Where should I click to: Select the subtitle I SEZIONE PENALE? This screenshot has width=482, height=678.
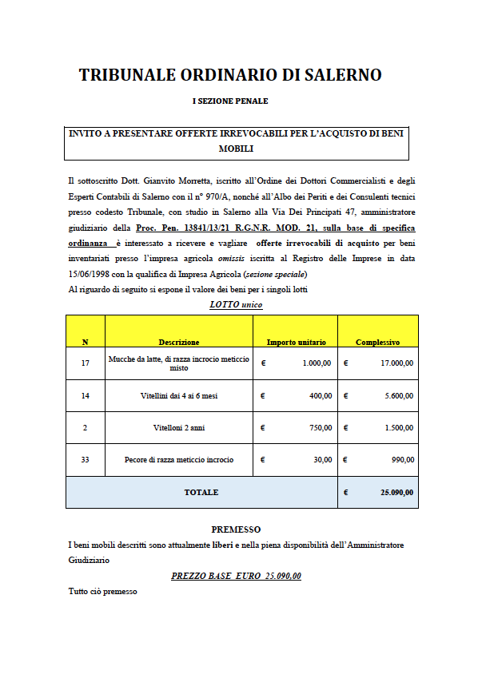(230, 101)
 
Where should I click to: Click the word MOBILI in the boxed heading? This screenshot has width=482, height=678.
(236, 149)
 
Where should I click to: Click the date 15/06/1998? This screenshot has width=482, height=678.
(91, 274)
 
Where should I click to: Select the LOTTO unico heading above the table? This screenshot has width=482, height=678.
(236, 304)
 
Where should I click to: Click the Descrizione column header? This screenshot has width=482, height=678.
(179, 342)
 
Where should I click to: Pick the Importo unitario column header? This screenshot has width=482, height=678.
(296, 342)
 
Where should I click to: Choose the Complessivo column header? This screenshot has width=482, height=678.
(377, 342)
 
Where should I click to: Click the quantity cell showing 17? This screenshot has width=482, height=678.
(86, 363)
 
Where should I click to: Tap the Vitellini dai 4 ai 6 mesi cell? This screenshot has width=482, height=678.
(179, 395)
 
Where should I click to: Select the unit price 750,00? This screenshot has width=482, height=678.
(321, 428)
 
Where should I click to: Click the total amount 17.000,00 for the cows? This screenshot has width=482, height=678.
(396, 363)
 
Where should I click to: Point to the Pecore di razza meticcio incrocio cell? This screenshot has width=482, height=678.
(179, 460)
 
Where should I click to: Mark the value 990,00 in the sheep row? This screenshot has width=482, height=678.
(403, 460)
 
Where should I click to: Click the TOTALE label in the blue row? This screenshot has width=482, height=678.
(201, 493)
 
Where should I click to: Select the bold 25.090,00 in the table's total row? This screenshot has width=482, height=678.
(396, 493)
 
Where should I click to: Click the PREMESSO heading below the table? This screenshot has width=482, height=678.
(236, 529)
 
